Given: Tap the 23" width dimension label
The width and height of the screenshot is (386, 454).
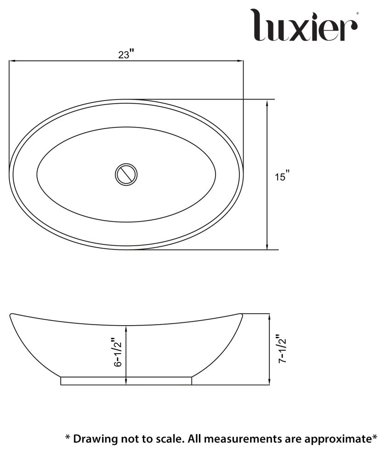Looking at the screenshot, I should point(125,55).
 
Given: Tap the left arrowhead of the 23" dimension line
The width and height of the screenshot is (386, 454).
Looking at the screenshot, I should point(12,61).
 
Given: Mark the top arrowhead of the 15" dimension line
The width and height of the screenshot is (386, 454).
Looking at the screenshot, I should point(267,102).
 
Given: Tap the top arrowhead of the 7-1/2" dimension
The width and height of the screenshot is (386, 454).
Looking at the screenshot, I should point(269,316).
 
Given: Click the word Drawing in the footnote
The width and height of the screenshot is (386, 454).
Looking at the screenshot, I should point(92,438).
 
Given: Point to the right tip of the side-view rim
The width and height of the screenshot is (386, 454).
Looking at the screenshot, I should point(241,315).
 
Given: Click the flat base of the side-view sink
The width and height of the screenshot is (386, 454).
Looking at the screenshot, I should point(126,381).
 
